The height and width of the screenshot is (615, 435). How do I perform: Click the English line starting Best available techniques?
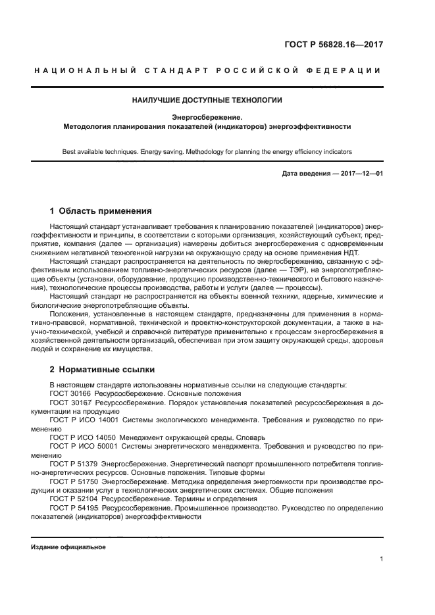207,151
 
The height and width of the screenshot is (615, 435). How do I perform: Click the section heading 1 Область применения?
101,211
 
